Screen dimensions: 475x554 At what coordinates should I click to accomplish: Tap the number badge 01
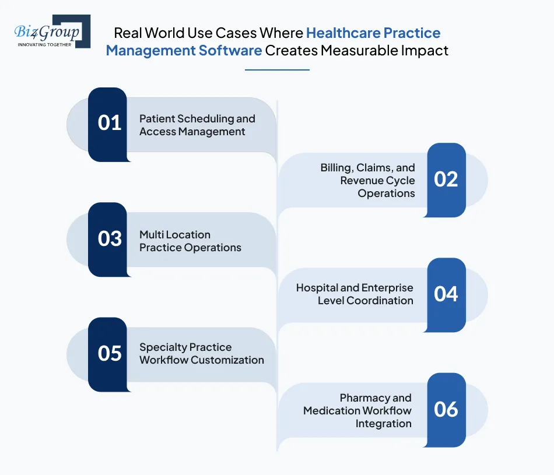108,124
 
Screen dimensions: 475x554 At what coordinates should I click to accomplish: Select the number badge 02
446,180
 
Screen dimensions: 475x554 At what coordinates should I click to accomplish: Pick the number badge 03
108,239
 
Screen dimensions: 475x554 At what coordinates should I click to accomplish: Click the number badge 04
446,294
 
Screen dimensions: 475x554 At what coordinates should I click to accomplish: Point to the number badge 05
108,354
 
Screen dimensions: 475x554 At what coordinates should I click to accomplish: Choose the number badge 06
446,410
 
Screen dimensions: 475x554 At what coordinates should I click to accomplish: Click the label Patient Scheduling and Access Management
197,125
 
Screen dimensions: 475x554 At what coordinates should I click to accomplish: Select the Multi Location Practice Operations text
190,241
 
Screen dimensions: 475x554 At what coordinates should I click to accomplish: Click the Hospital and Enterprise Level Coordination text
355,294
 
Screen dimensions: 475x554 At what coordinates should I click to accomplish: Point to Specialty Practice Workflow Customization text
201,354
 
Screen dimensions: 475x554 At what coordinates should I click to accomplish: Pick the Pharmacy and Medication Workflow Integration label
357,410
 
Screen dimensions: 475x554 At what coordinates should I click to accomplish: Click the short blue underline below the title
277,70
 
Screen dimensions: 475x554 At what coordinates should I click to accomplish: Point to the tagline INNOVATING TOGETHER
45,44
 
